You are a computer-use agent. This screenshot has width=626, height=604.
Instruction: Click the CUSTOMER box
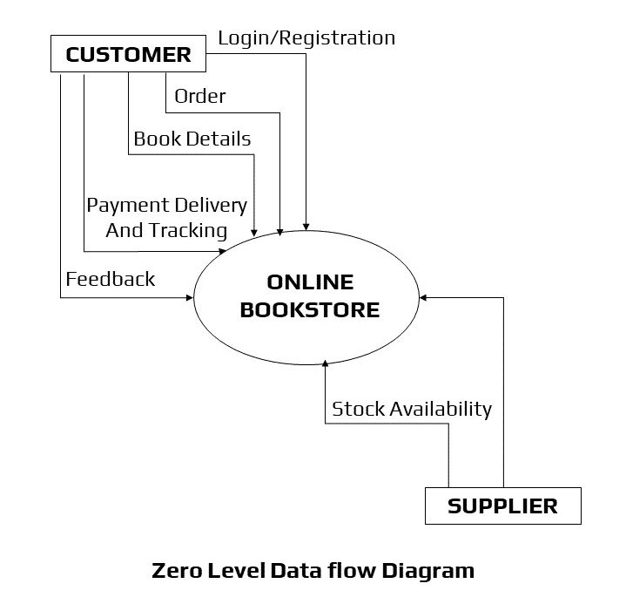[128, 55]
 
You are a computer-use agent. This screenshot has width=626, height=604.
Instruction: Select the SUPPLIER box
[502, 506]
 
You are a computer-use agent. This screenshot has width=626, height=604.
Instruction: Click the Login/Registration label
[306, 37]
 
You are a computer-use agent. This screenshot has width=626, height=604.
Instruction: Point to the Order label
[200, 96]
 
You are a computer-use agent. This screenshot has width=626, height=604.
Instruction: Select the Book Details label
[192, 139]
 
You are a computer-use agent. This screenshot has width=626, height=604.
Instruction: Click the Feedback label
[111, 279]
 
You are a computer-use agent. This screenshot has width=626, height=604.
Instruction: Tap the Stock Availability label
[412, 409]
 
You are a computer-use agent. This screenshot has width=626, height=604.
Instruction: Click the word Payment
[127, 206]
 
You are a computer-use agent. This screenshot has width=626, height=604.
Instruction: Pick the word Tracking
[189, 230]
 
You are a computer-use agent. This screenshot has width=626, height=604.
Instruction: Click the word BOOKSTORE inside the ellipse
[310, 309]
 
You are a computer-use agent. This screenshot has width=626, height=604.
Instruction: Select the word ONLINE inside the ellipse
[310, 282]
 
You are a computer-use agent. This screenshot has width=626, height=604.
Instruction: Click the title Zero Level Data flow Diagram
[313, 571]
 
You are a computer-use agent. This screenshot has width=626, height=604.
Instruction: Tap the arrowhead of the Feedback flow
[189, 298]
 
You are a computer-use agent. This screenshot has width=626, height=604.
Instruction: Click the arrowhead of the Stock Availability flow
[326, 358]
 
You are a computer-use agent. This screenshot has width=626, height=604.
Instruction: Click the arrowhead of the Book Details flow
[253, 232]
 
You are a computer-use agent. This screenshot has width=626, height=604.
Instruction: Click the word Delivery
[211, 206]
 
